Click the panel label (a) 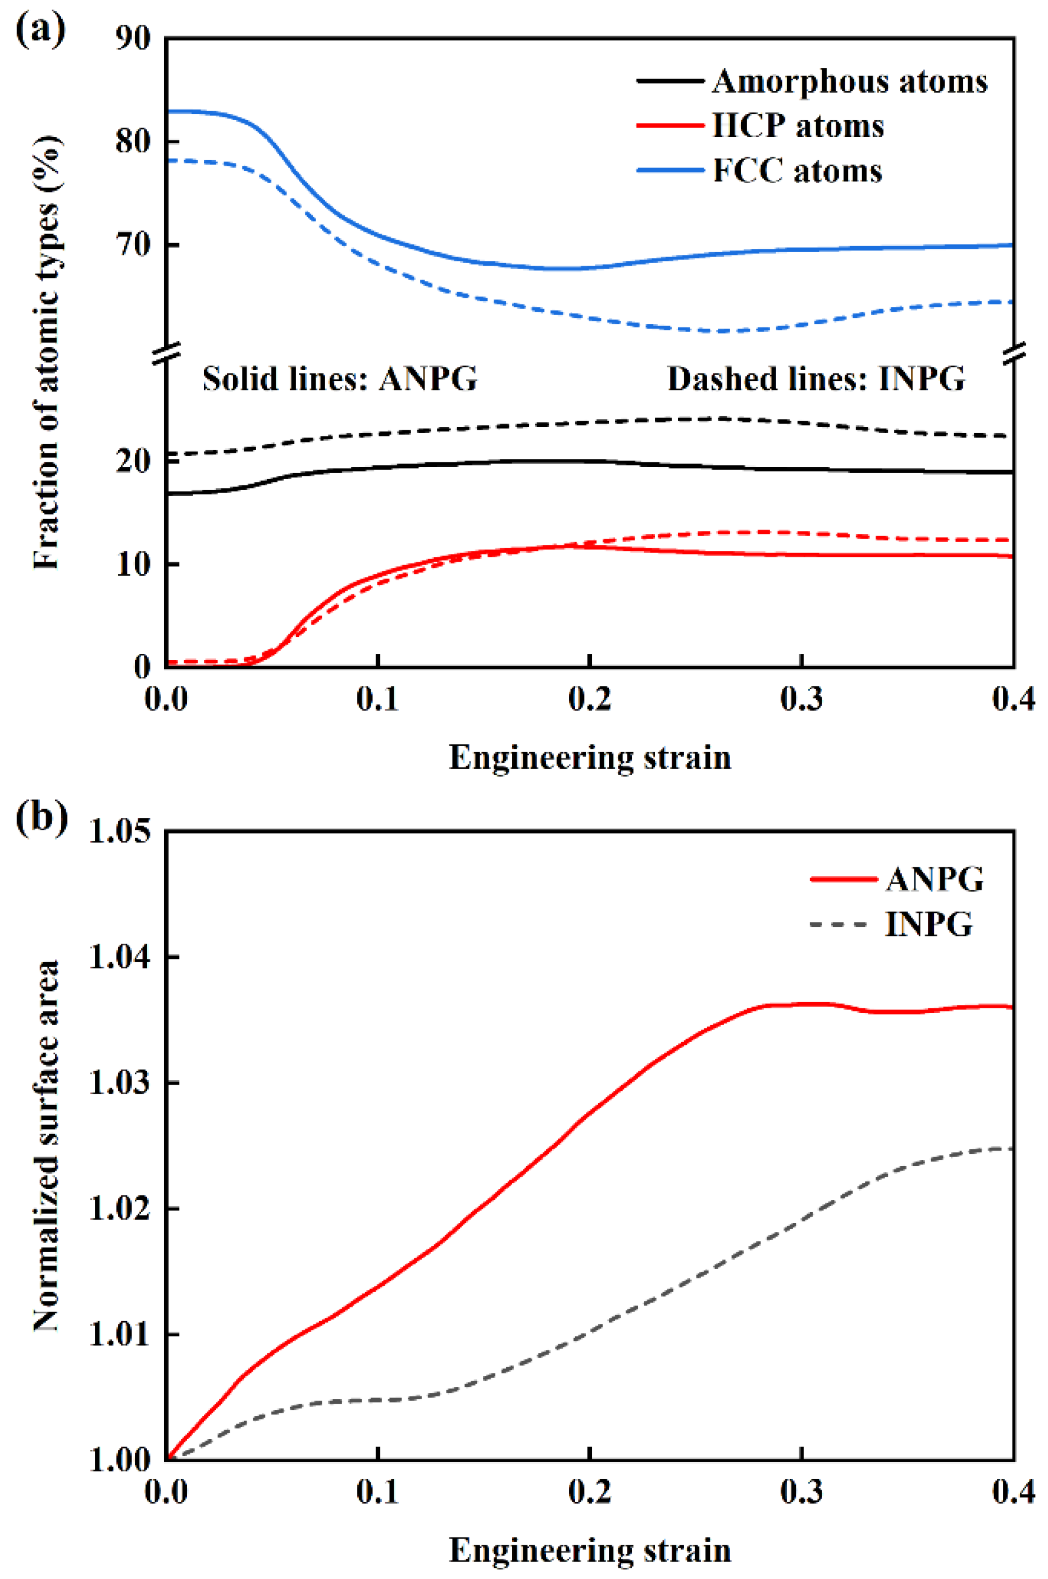click(x=40, y=30)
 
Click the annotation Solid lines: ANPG click(x=340, y=379)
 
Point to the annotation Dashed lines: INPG click(x=816, y=379)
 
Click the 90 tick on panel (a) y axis click(x=133, y=38)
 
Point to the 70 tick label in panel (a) click(x=133, y=245)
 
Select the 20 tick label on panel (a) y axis click(x=133, y=461)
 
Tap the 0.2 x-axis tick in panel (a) click(x=590, y=699)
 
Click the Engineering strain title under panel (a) click(x=590, y=757)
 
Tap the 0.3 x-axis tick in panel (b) click(x=801, y=1491)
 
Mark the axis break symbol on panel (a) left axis click(x=166, y=353)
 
